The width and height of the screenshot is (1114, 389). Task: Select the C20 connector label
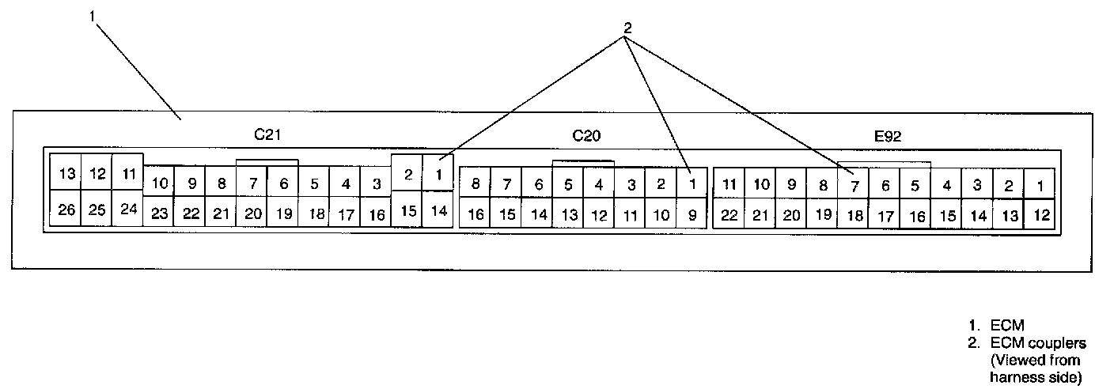pos(587,135)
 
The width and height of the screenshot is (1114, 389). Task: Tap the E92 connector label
pos(888,136)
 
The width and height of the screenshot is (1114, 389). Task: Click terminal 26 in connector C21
pos(66,210)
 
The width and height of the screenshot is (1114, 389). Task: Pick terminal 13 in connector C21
pos(66,173)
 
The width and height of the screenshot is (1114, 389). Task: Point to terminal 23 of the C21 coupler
pos(159,213)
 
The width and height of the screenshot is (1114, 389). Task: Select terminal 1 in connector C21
pos(438,173)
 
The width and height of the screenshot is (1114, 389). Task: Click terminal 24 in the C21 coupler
pos(128,210)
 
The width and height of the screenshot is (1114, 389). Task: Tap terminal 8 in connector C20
pos(476,185)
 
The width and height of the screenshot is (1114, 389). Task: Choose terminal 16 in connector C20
pos(476,214)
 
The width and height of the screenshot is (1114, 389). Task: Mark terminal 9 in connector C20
pos(692,214)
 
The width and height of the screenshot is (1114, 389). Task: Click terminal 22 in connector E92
pos(729,214)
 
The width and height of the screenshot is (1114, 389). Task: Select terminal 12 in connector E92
pos(1042,214)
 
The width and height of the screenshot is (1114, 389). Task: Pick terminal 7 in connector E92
pos(854,185)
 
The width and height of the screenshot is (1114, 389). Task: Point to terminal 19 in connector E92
pos(823,214)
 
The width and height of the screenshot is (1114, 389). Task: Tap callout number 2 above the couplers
pos(627,27)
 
